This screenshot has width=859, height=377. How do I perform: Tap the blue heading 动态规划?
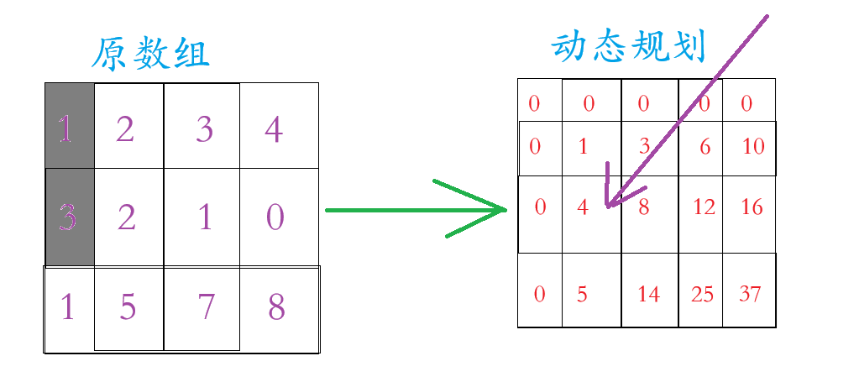629,47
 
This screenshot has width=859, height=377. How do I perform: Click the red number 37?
751,294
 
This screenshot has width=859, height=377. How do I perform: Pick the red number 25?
703,294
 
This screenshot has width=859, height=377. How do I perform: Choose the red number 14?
649,294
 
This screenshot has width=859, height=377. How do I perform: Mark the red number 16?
752,207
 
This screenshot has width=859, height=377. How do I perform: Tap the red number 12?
704,207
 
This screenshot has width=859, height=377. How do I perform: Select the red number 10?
754,147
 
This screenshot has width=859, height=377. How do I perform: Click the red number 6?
705,147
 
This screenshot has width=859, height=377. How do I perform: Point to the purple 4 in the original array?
273,131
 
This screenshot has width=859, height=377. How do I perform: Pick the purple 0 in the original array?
275,217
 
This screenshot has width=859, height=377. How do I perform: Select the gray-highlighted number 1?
66,129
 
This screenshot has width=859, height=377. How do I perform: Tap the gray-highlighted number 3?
68,218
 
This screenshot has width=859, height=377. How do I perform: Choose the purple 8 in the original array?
276,308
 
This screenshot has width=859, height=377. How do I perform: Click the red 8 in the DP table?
644,207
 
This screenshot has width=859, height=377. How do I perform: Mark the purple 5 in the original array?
127,308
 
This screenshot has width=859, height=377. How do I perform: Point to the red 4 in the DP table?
584,206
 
